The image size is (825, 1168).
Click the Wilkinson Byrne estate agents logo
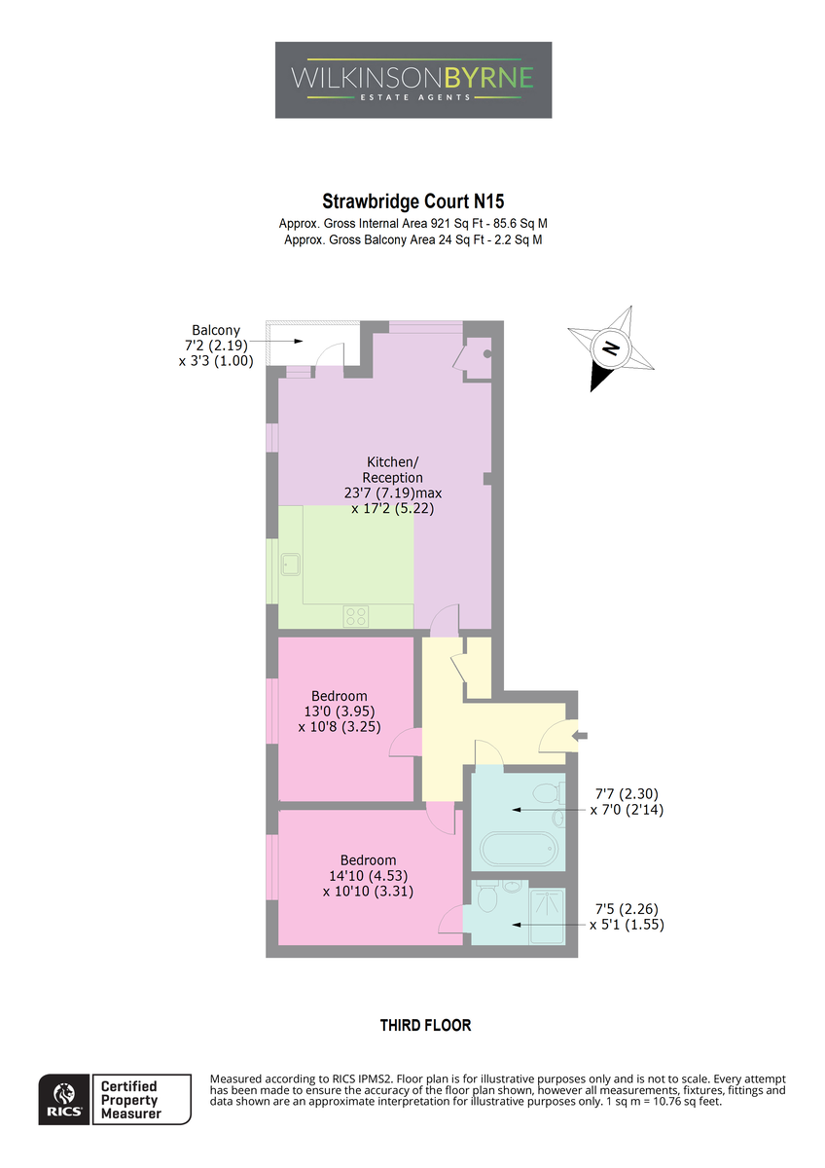click(413, 80)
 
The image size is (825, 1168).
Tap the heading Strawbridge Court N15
click(413, 201)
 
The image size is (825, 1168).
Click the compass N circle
click(611, 347)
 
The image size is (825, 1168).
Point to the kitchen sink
click(291, 565)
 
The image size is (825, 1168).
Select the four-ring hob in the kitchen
click(356, 615)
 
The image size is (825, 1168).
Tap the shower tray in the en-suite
click(547, 916)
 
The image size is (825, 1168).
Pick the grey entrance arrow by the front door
click(580, 736)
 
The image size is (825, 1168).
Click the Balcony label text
click(216, 330)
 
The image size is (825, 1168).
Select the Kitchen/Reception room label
click(392, 469)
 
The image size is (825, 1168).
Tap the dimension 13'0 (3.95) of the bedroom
click(340, 711)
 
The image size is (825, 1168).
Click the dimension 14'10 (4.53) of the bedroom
click(368, 875)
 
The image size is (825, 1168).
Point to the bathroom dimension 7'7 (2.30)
click(627, 793)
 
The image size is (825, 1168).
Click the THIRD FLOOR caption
click(425, 1025)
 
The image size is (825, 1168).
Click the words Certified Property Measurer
click(129, 1100)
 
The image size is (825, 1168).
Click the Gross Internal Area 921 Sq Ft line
click(412, 224)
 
